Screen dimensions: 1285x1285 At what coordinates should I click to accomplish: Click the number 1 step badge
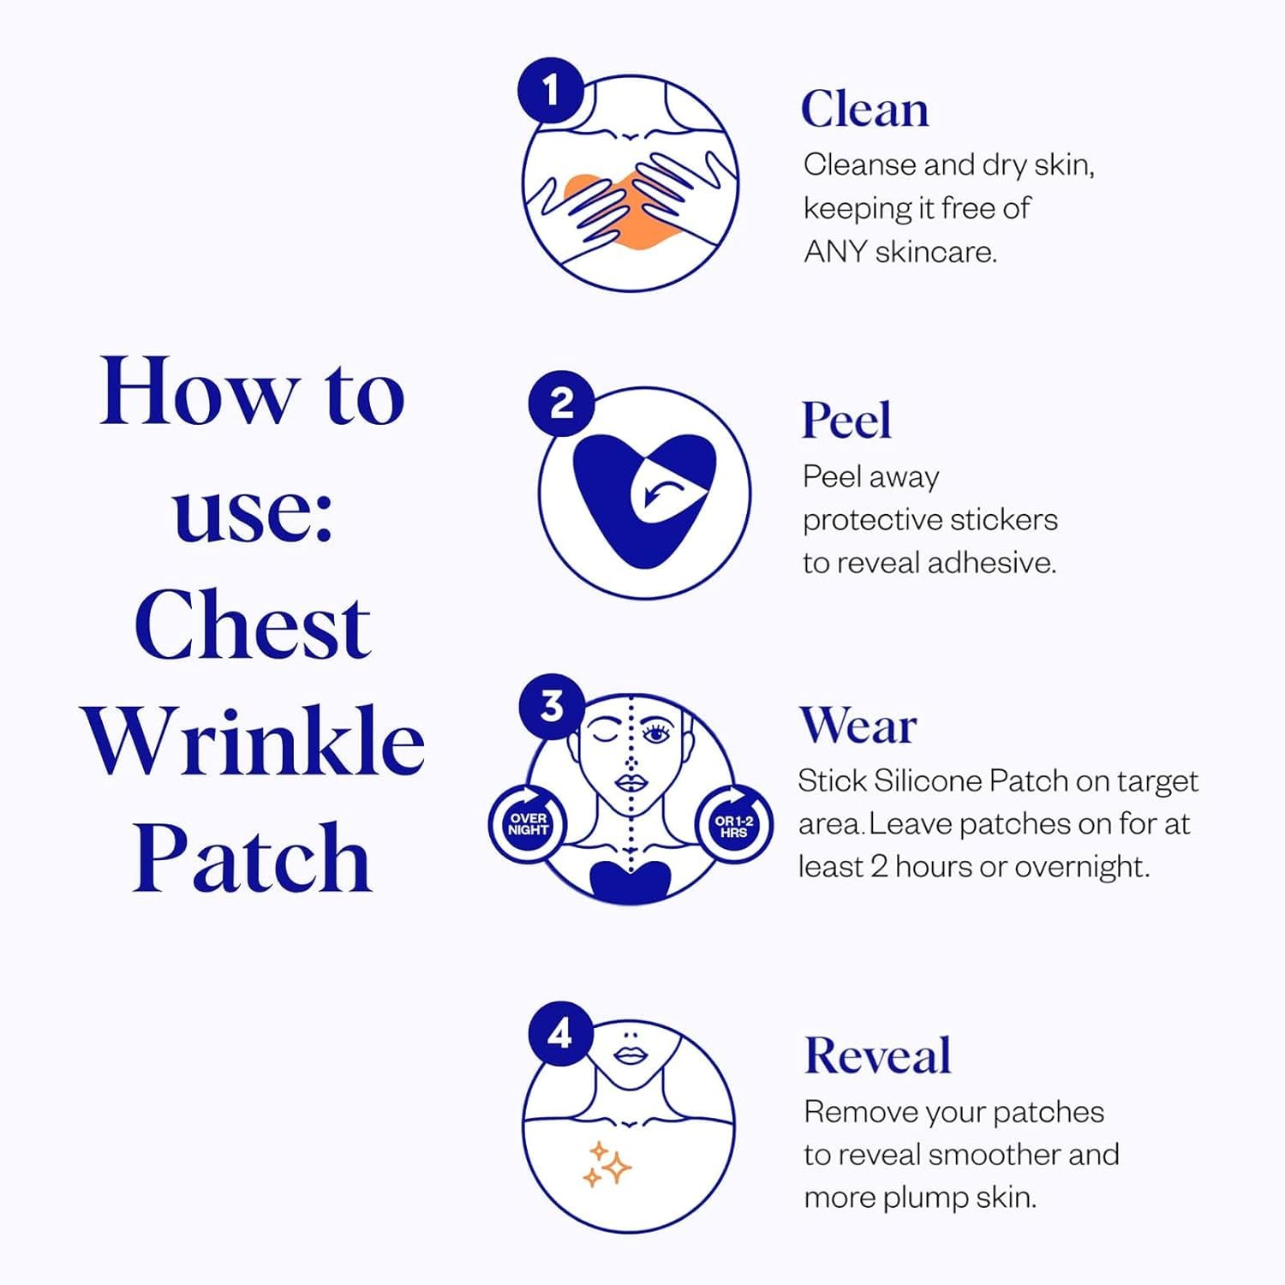pyautogui.click(x=551, y=90)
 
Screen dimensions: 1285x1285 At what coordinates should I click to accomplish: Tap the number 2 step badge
pyautogui.click(x=561, y=403)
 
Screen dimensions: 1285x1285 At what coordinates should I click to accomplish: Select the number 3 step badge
pyautogui.click(x=553, y=707)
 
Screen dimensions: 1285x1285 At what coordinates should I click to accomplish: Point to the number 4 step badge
pyautogui.click(x=559, y=1034)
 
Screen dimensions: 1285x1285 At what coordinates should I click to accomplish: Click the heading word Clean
pyautogui.click(x=864, y=110)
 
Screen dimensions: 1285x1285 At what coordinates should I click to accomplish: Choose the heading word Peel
pyautogui.click(x=846, y=421)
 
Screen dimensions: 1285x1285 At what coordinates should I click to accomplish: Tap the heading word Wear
pyautogui.click(x=858, y=726)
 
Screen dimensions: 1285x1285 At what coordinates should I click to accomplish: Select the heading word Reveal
pyautogui.click(x=877, y=1055)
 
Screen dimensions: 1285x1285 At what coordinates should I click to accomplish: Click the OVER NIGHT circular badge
pyautogui.click(x=528, y=824)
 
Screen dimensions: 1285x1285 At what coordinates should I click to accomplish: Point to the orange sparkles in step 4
pyautogui.click(x=607, y=1164)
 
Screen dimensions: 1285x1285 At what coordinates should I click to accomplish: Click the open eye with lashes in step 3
pyautogui.click(x=656, y=734)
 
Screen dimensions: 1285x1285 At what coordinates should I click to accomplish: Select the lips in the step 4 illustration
pyautogui.click(x=631, y=1055)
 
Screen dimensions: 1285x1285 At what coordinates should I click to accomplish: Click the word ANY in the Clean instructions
pyautogui.click(x=835, y=252)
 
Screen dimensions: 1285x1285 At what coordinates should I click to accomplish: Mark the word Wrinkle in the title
pyautogui.click(x=254, y=741)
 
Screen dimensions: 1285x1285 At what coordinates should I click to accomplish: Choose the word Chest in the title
pyautogui.click(x=253, y=626)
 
